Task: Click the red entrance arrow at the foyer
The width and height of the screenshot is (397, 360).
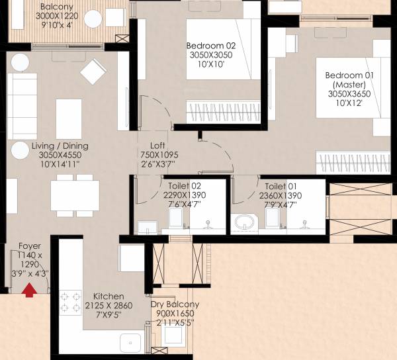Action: tap(29, 290)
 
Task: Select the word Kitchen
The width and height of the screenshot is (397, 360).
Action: tap(109, 295)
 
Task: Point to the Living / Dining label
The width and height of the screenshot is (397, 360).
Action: tap(60, 146)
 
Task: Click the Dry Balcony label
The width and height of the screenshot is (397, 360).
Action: tap(175, 304)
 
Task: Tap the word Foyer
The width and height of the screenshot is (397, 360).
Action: tap(30, 245)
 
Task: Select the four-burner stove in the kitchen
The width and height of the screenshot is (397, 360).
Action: tap(70, 302)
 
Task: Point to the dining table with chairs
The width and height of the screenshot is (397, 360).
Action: tap(74, 195)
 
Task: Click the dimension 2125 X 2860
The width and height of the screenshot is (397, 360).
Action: tap(109, 305)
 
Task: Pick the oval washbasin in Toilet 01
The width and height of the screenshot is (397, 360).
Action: tap(243, 222)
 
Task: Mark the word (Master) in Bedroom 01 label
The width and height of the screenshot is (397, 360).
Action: tap(349, 85)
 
